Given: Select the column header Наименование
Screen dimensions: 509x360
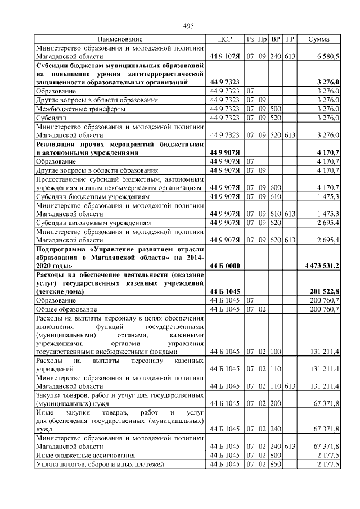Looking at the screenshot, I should tap(120, 39).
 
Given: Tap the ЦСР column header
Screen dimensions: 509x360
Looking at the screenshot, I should tap(224, 39).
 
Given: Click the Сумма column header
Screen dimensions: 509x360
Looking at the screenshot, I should tap(319, 39).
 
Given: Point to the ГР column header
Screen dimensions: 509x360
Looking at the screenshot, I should tap(290, 39).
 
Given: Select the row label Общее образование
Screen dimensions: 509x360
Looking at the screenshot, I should tap(67, 309).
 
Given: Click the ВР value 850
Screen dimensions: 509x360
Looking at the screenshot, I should tap(276, 465).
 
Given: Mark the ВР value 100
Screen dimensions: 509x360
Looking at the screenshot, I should tap(276, 352).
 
